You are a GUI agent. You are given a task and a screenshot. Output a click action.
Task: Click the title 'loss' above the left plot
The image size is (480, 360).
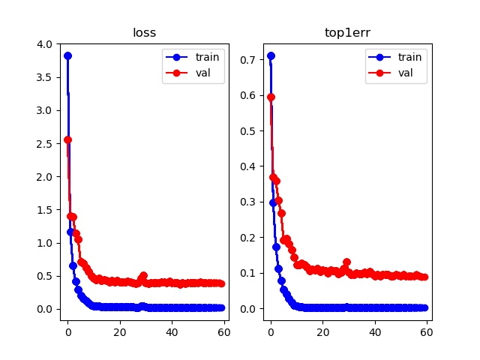[144, 34]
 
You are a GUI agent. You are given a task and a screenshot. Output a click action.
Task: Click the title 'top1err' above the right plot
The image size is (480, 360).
[348, 34]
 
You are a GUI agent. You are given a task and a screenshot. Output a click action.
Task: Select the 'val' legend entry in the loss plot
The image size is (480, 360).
[196, 73]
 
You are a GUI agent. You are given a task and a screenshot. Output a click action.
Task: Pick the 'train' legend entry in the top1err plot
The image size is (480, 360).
[402, 58]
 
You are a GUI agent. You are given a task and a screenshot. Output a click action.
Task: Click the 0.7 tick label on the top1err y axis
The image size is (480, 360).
[250, 58]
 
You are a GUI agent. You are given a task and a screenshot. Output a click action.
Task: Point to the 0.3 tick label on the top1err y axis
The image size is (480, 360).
[250, 201]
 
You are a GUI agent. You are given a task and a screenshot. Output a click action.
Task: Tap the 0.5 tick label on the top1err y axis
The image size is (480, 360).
[250, 130]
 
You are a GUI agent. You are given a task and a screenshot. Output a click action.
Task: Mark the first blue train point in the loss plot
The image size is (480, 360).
[67, 55]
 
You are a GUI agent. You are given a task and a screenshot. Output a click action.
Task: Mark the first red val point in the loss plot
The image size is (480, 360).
[67, 139]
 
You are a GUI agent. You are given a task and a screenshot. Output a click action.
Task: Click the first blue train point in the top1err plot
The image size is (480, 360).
[271, 55]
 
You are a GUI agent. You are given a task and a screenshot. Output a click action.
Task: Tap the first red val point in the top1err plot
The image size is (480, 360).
[271, 97]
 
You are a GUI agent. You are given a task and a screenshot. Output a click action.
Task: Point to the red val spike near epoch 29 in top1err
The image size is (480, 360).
[346, 262]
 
